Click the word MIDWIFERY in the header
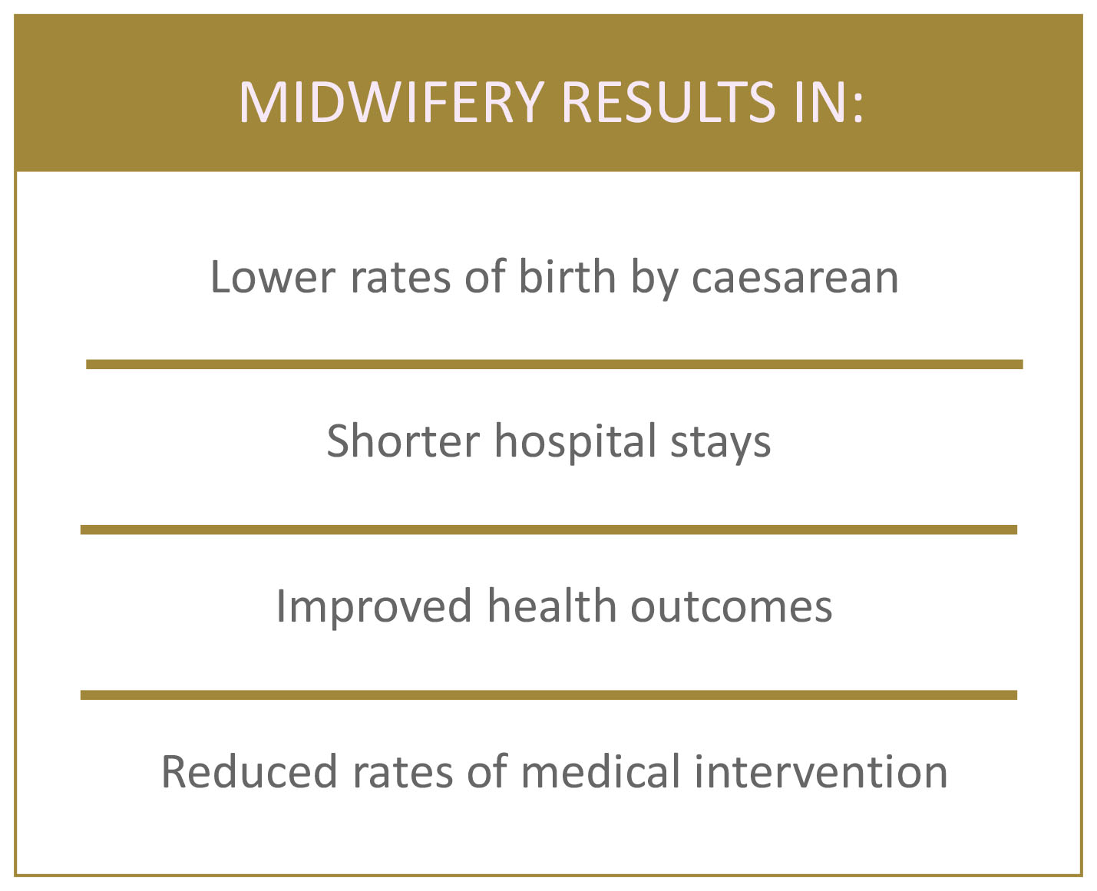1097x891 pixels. pyautogui.click(x=392, y=102)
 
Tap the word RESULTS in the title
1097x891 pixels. pyautogui.click(x=669, y=102)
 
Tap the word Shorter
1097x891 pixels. pyautogui.click(x=403, y=441)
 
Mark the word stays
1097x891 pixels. pyautogui.click(x=721, y=444)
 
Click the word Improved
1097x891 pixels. pyautogui.click(x=375, y=607)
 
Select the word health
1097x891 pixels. pyautogui.click(x=552, y=606)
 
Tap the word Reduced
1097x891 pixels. pyautogui.click(x=249, y=772)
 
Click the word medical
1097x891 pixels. pyautogui.click(x=600, y=771)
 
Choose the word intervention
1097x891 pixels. pyautogui.click(x=821, y=772)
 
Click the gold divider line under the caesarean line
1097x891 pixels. pyautogui.click(x=554, y=365)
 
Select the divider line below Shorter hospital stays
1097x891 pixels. pyautogui.click(x=548, y=530)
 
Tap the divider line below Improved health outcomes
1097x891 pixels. pyautogui.click(x=548, y=695)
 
